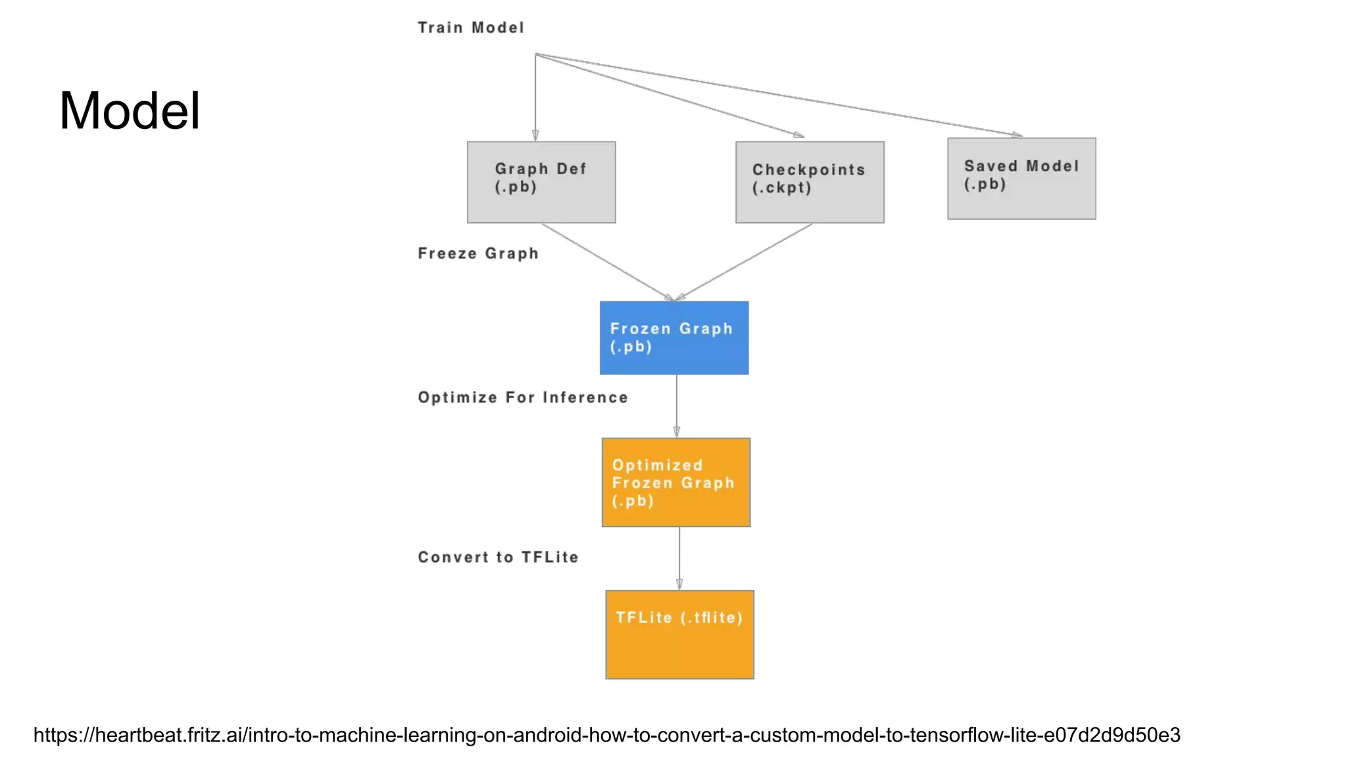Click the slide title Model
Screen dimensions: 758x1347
pos(130,111)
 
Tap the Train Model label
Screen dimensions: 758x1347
pos(471,28)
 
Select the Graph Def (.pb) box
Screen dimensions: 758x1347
pos(541,182)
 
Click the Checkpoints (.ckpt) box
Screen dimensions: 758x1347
pos(810,182)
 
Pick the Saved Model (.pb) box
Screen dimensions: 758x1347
pos(1021,178)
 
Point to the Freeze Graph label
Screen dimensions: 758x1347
pos(478,253)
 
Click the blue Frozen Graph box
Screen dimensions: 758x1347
pos(674,338)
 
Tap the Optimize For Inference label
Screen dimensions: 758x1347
pos(523,397)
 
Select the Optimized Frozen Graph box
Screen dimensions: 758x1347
pos(676,482)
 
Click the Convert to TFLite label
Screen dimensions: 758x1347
pos(498,557)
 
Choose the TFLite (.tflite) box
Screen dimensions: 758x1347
pos(679,634)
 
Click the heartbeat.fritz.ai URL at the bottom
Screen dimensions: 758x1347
pos(606,735)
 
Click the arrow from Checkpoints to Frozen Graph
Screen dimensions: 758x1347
pos(745,262)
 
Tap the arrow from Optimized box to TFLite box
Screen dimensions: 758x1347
pos(679,558)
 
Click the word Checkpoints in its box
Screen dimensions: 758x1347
pos(808,170)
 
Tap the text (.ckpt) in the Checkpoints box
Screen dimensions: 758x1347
pos(781,188)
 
